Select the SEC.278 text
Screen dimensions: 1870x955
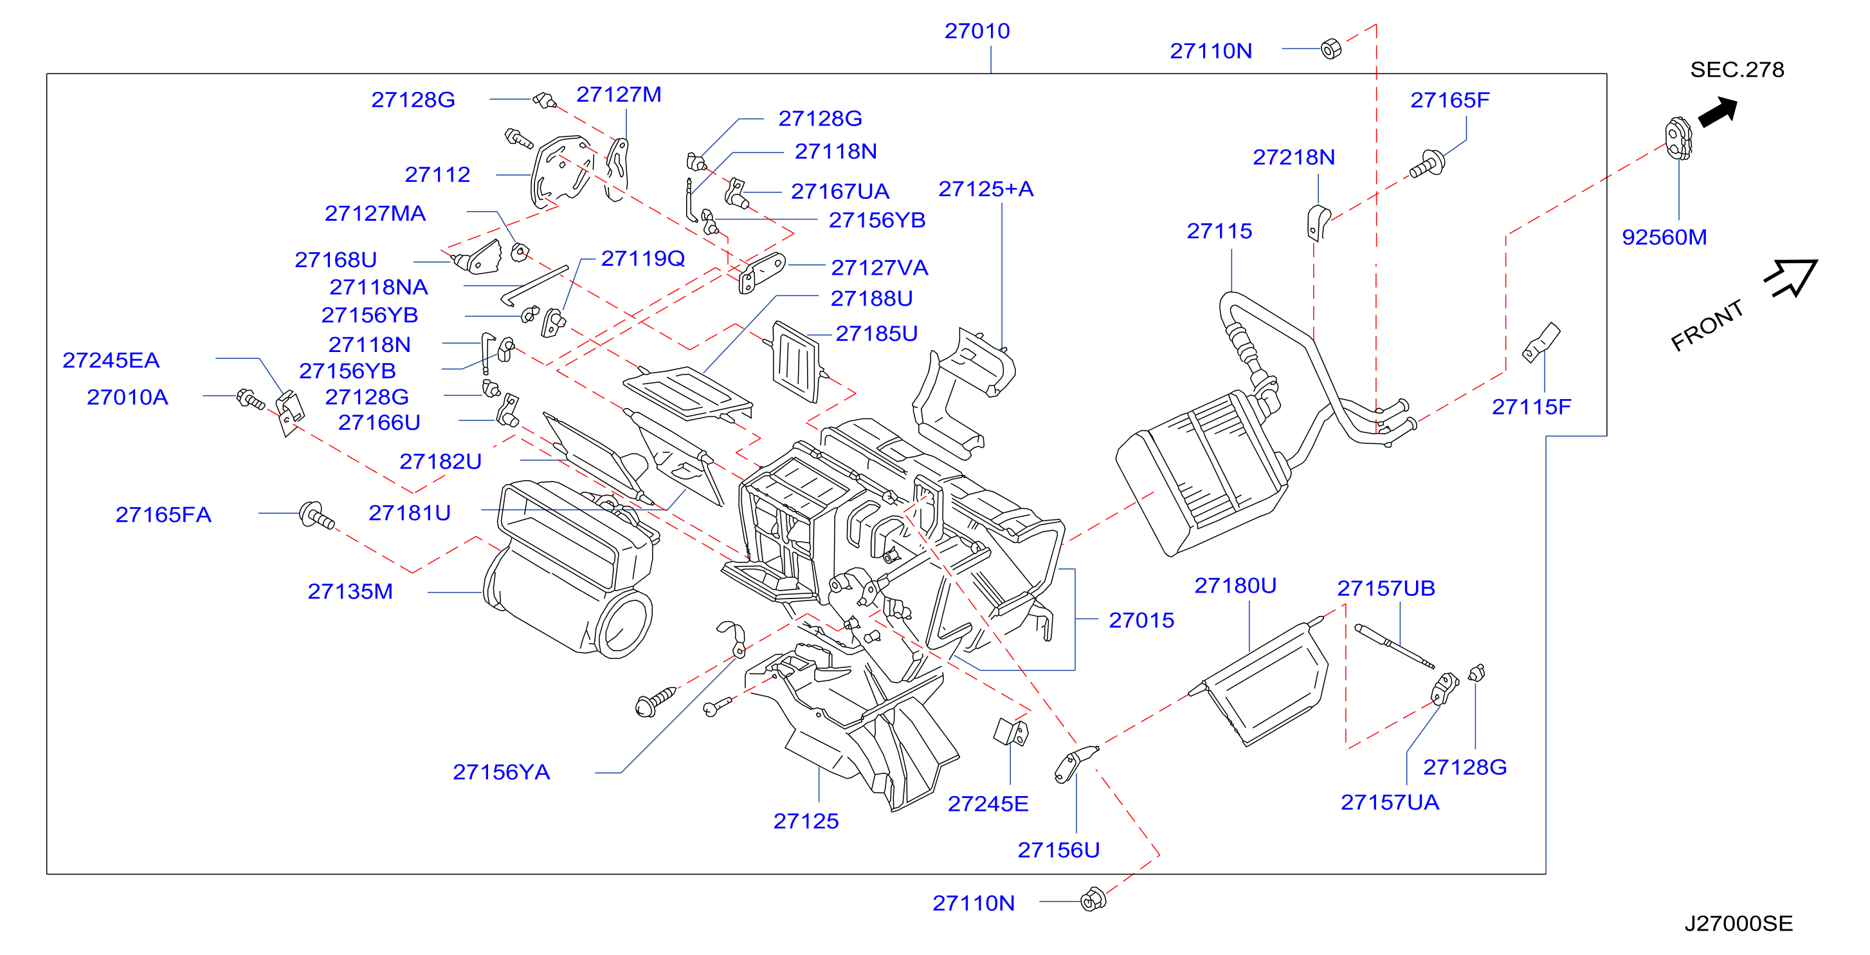[x=1736, y=70]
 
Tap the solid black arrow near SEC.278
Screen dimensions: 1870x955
[x=1718, y=112]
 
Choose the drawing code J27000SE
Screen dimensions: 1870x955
[x=1738, y=923]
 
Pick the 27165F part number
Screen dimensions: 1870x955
[x=1449, y=100]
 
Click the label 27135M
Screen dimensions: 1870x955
[x=350, y=591]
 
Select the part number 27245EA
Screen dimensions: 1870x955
[x=111, y=360]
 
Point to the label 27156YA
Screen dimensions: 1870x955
[x=501, y=772]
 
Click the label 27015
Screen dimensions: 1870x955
[x=1141, y=620]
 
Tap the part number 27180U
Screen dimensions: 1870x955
[x=1235, y=586]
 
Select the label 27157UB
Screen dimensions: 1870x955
[x=1386, y=588]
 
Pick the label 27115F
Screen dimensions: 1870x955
[x=1531, y=407]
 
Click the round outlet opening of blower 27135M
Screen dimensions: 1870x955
[x=623, y=623]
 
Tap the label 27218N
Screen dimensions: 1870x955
[x=1294, y=157]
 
